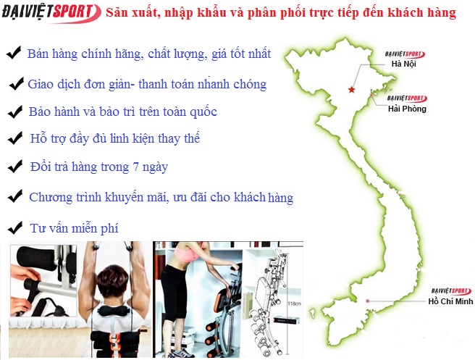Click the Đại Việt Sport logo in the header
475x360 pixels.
[x=51, y=13]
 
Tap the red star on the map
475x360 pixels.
[x=351, y=89]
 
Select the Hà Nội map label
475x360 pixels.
[x=403, y=64]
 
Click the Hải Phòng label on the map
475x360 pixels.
[x=407, y=109]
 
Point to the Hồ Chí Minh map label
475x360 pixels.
[x=450, y=301]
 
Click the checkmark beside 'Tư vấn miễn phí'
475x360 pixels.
[x=15, y=227]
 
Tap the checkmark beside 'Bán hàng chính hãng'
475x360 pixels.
[x=14, y=52]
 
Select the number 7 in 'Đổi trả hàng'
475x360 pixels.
[x=135, y=167]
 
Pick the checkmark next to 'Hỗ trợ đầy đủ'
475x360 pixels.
[x=15, y=138]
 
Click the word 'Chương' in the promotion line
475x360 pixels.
[x=51, y=197]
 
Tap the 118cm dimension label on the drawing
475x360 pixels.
[x=294, y=303]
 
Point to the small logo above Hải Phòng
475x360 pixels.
[x=407, y=99]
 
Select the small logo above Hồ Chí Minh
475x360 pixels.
[x=451, y=291]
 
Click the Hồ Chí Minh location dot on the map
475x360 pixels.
[x=367, y=301]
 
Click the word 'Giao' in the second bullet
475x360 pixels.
[x=39, y=84]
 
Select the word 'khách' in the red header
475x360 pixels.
[x=405, y=13]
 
